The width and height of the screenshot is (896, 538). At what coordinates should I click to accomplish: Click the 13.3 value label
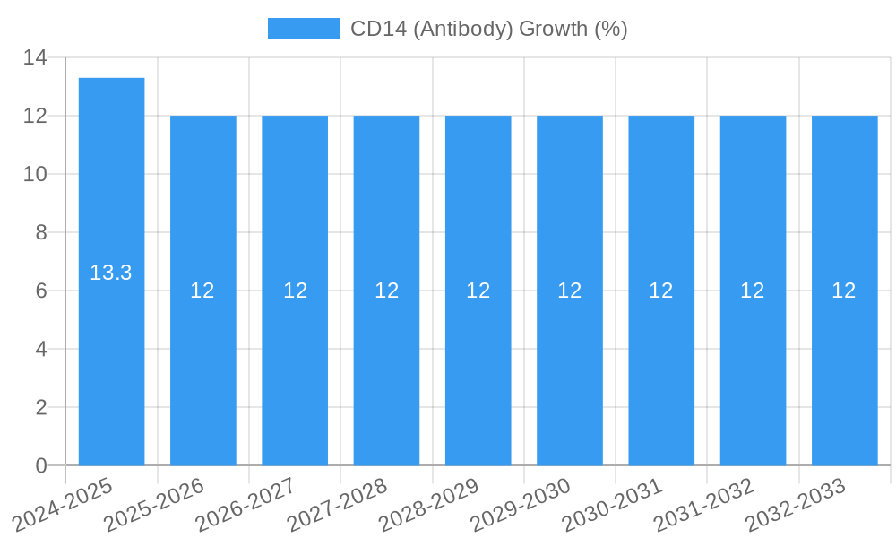pyautogui.click(x=111, y=273)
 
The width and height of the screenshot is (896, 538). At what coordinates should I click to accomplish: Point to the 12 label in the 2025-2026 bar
pyautogui.click(x=202, y=291)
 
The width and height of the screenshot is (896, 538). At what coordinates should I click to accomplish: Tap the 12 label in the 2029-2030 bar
pyautogui.click(x=570, y=291)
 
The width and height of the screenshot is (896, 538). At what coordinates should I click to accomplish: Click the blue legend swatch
pyautogui.click(x=303, y=29)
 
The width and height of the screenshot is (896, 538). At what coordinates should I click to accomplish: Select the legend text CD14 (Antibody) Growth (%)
pyautogui.click(x=488, y=29)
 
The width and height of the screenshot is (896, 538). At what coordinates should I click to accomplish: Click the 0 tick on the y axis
pyautogui.click(x=41, y=466)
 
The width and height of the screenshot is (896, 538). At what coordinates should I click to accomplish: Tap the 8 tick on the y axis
pyautogui.click(x=41, y=233)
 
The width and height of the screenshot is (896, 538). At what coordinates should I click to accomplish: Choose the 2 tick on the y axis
pyautogui.click(x=41, y=408)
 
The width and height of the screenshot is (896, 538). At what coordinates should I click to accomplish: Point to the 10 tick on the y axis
pyautogui.click(x=35, y=175)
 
